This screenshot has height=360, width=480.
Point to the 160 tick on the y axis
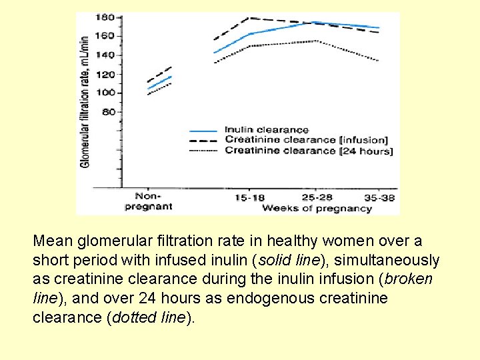pos(105,35)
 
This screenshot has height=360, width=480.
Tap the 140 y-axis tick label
pos(105,55)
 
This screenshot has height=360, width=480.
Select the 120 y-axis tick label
pos(105,75)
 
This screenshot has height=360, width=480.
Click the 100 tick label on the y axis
pos(105,93)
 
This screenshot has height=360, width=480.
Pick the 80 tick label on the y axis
pos(108,112)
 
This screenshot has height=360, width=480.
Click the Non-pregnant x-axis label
pos(148,201)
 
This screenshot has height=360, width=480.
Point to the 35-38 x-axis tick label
pos(379,197)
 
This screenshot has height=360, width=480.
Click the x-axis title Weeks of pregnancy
pos(317,209)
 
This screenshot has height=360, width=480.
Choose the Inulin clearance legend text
pos(267,130)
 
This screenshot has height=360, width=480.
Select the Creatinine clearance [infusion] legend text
pos(306,140)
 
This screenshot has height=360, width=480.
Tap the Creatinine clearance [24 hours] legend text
pos(309,151)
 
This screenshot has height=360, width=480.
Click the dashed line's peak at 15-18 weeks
pos(249,18)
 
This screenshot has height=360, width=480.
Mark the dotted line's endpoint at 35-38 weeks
pos(379,61)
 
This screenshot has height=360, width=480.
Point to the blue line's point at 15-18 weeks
pos(249,34)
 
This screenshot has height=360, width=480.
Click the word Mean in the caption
pos(51,241)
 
